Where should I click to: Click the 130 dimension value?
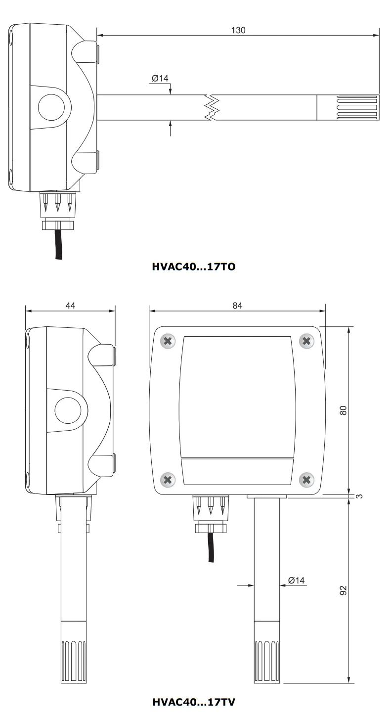238,30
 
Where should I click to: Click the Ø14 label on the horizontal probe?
160,79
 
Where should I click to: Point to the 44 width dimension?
70,306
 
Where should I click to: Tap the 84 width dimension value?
237,306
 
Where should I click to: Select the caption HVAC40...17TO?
193,267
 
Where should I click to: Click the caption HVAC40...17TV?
193,702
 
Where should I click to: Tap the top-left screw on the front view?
168,341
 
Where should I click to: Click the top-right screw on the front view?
306,341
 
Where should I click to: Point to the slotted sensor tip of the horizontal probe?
348,107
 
